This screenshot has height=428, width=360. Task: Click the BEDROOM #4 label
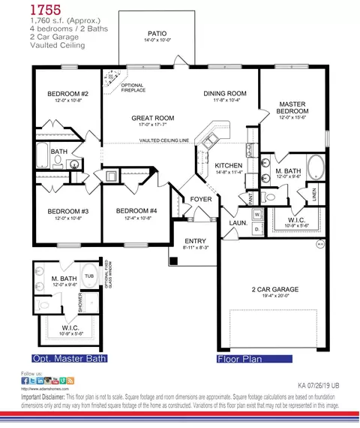tap(136, 211)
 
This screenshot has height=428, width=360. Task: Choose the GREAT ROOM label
tap(153, 118)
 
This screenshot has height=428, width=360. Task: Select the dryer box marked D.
tap(256, 228)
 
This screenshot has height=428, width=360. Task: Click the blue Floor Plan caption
tap(241, 358)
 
